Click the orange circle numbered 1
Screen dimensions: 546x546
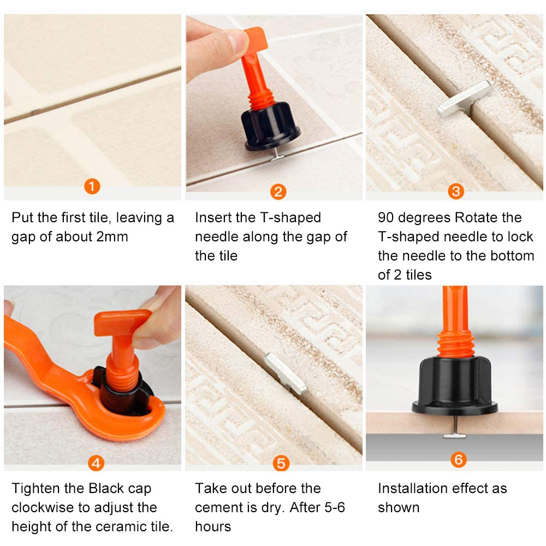coord(92,187)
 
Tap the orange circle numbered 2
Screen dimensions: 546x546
coord(278,192)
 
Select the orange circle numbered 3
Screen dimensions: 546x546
coord(456,191)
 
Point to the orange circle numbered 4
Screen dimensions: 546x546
coord(96,463)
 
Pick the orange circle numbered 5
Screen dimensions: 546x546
coord(281,464)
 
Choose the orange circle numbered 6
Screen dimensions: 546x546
coord(459,460)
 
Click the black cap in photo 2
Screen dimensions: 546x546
coord(271,126)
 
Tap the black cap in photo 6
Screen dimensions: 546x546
coord(455,386)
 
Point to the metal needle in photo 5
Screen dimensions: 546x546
coord(286,373)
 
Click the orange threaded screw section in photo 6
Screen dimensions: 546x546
coord(455,344)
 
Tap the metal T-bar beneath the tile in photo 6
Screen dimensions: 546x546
coord(454,436)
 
